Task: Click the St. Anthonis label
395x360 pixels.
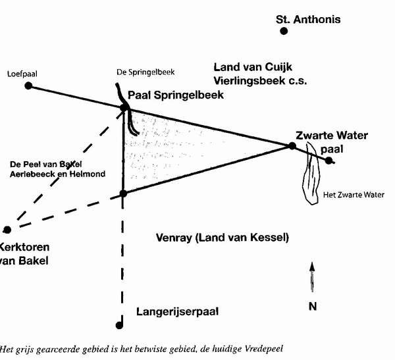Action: point(308,20)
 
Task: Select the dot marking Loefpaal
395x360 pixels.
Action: point(28,86)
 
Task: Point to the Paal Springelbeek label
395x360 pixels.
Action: point(175,95)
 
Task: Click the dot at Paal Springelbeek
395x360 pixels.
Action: point(123,107)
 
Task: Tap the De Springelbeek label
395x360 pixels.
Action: point(136,72)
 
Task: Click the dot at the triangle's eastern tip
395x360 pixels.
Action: point(292,145)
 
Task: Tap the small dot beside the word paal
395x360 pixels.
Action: point(329,161)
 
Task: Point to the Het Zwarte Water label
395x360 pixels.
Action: point(352,195)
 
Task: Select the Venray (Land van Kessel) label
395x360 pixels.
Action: point(223,238)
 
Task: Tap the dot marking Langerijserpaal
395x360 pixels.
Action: point(119,324)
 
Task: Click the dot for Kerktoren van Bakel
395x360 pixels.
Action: point(7,230)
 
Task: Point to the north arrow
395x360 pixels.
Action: point(312,276)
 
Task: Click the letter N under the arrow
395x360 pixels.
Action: point(313,305)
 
